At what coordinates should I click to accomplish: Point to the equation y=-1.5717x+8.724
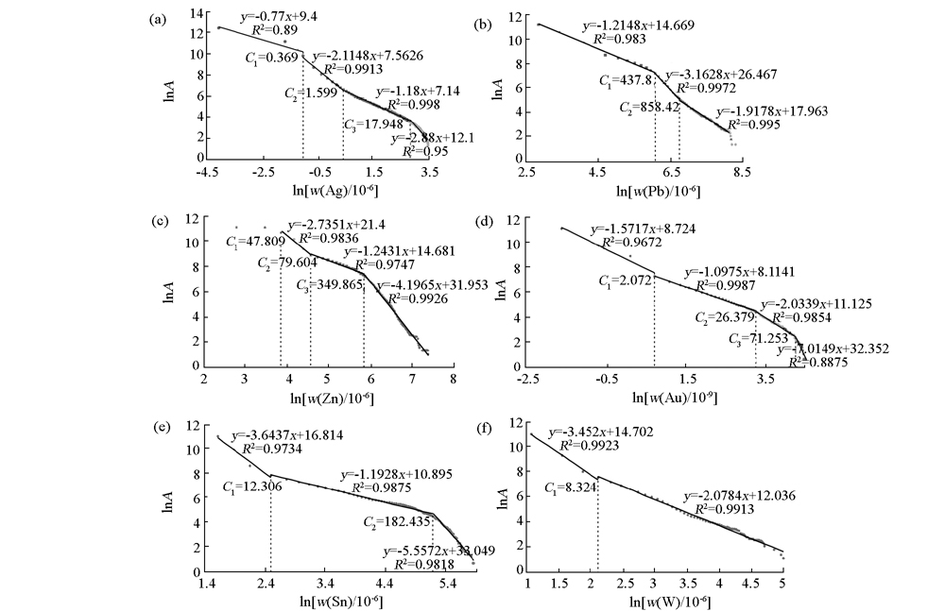point(639,229)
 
